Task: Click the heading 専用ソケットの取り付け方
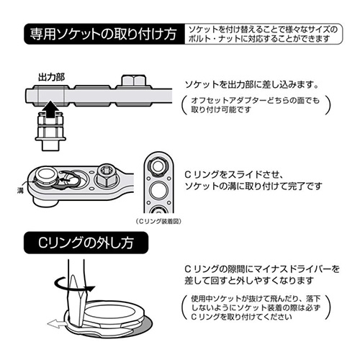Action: click(103, 34)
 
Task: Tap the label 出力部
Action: click(52, 77)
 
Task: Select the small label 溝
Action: click(20, 191)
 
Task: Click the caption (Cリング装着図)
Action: click(158, 221)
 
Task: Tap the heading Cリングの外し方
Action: click(86, 243)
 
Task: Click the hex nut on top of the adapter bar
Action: click(133, 81)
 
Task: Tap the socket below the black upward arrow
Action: click(50, 132)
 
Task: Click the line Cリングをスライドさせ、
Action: click(233, 175)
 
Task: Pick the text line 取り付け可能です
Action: click(221, 109)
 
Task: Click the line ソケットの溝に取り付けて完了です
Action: click(253, 186)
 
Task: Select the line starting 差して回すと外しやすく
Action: click(249, 280)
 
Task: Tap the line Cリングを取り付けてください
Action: click(241, 317)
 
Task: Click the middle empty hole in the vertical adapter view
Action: click(158, 189)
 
